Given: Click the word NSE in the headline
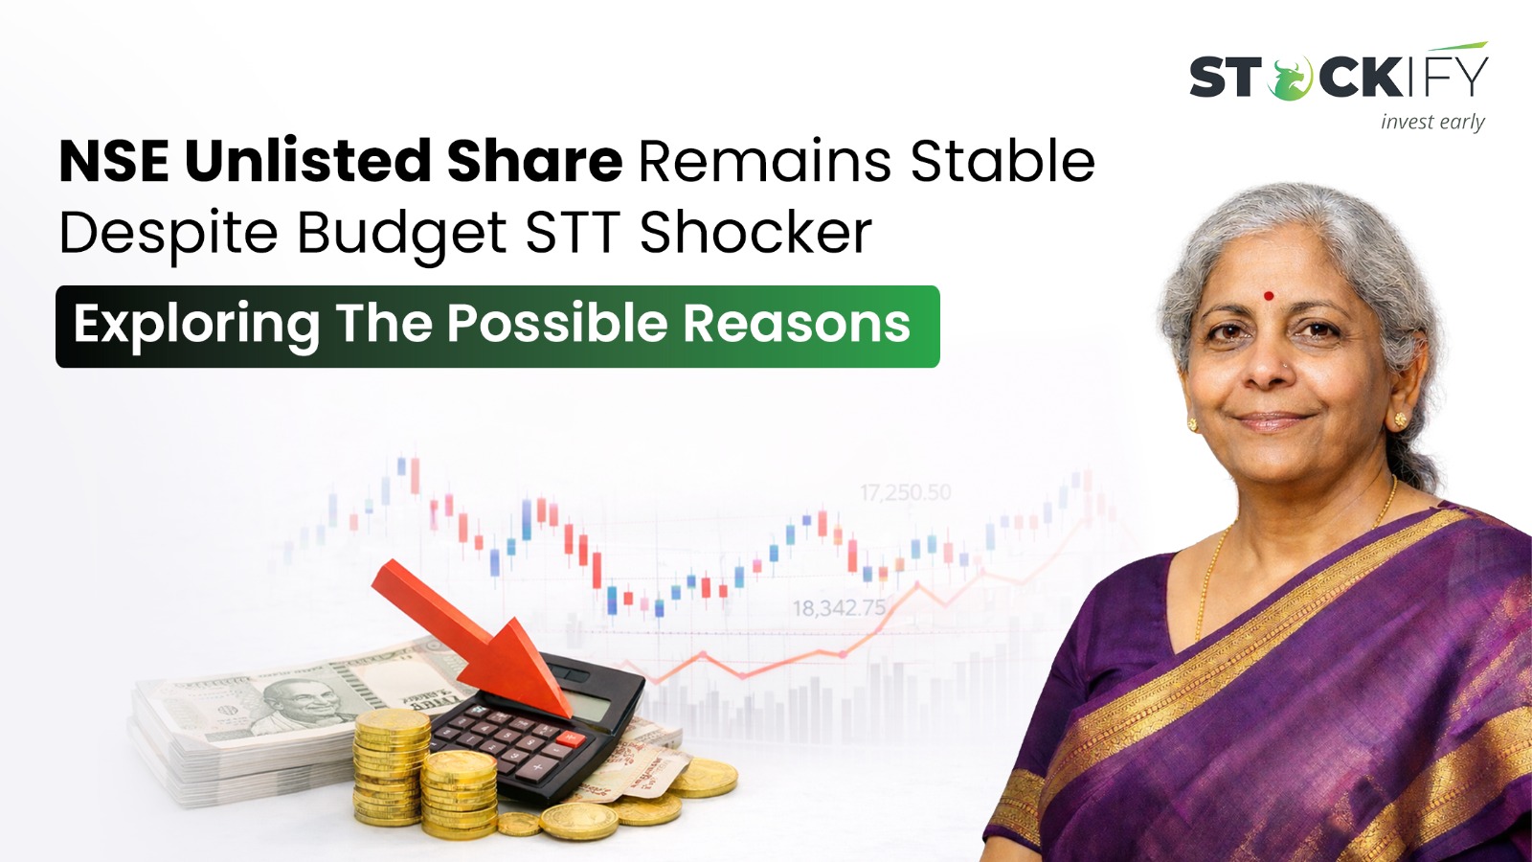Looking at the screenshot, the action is point(114,161).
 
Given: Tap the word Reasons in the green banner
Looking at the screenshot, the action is point(797,324).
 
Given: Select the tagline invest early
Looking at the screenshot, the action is point(1432,122).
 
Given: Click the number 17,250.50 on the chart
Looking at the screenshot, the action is point(905,492).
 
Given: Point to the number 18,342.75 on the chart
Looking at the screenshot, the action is point(839,607).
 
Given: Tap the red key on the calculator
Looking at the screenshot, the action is point(571,738).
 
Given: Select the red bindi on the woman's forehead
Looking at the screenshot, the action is point(1269,296).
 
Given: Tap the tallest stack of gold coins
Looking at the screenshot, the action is point(392,766).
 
